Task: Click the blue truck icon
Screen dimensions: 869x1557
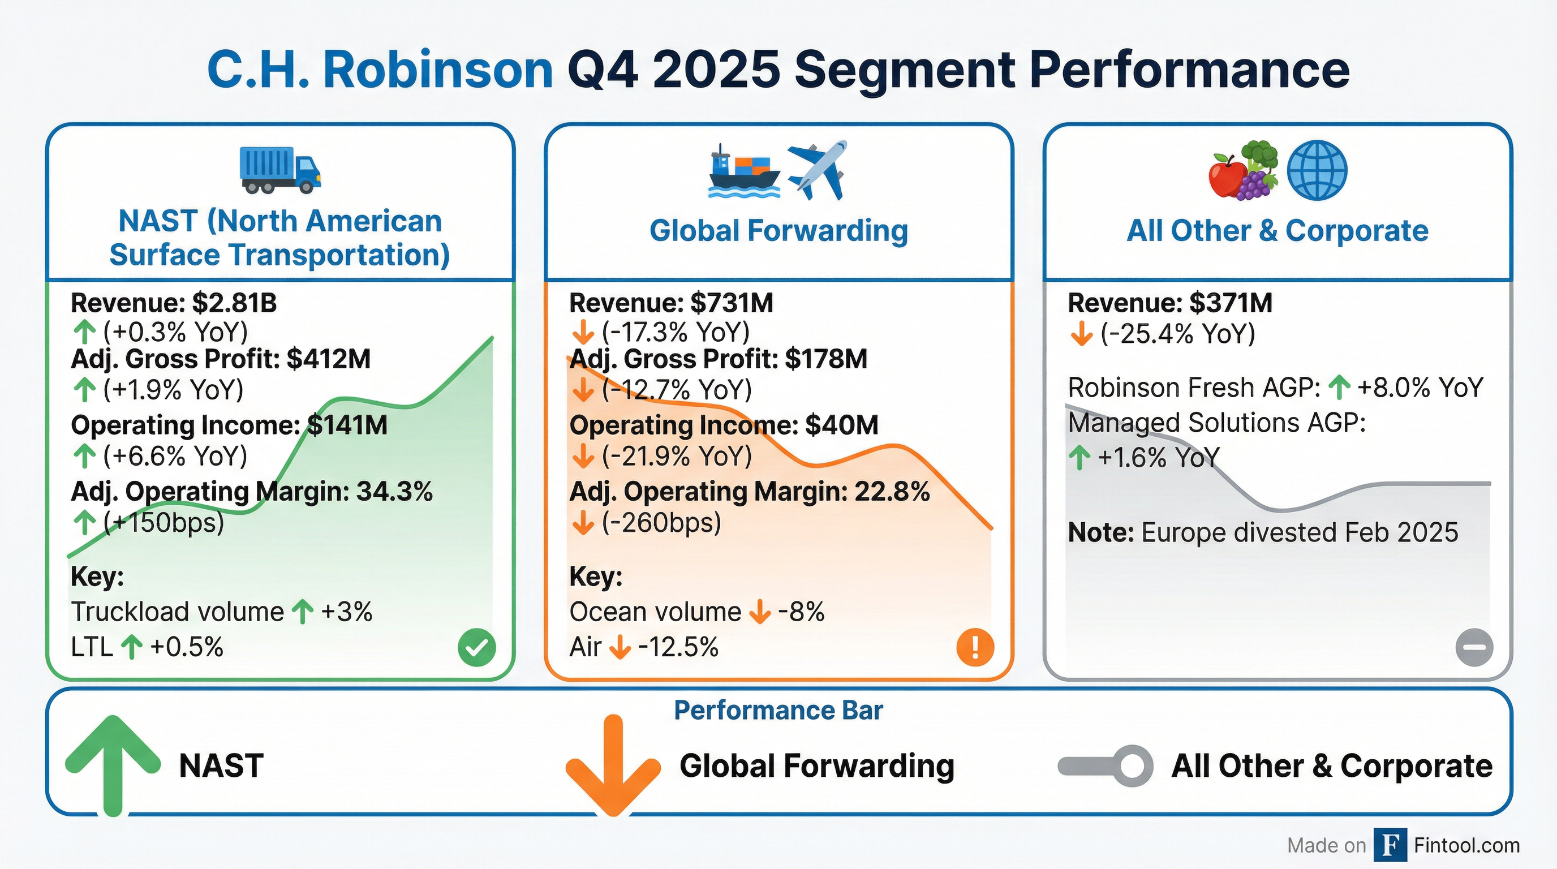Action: coord(280,170)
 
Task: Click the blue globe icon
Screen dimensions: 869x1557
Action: coord(1317,170)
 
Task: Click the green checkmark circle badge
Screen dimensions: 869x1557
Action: coord(477,647)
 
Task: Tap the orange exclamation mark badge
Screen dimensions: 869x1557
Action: coord(975,647)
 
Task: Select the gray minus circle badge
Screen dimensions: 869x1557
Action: coord(1474,647)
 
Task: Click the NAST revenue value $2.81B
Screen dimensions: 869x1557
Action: coord(235,303)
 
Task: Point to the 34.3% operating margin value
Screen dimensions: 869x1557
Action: coord(395,492)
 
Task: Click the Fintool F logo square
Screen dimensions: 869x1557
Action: coord(1390,845)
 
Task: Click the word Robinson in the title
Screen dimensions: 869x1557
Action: coord(438,70)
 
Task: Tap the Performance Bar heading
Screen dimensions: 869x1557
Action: coord(778,711)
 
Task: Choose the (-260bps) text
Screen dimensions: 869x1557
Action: coord(661,523)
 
